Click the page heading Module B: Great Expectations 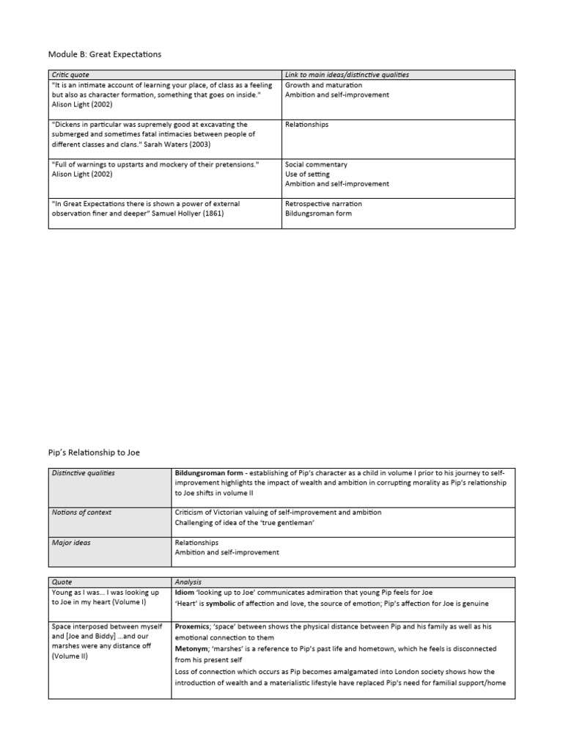pos(104,54)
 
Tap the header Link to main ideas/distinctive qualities pos(347,75)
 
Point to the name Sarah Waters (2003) pos(172,144)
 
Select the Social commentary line pos(316,164)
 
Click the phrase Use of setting pos(307,175)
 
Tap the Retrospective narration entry pos(323,204)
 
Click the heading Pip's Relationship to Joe pos(94,453)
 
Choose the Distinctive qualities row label pos(83,473)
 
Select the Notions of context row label pos(80,512)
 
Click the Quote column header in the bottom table pos(62,581)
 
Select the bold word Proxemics pos(194,628)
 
